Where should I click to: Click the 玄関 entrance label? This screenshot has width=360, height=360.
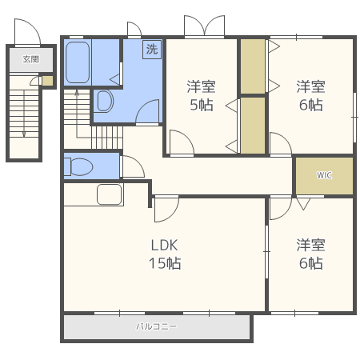click(x=31, y=59)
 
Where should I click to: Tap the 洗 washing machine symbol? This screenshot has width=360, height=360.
click(x=152, y=49)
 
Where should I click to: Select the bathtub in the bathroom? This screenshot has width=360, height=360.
click(x=78, y=62)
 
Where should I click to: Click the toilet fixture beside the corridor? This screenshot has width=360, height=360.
click(x=78, y=167)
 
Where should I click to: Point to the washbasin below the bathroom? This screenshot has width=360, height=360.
click(x=105, y=101)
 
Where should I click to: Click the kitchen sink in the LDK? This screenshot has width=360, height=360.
click(x=110, y=194)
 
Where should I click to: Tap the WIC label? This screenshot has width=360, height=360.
click(x=324, y=175)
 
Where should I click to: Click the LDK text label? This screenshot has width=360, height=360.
click(x=164, y=245)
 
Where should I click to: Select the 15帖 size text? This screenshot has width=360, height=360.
click(x=165, y=263)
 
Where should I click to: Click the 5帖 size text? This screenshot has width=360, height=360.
click(x=202, y=105)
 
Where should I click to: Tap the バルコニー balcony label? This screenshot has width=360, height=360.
click(x=156, y=326)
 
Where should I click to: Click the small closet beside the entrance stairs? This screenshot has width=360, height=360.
click(x=47, y=81)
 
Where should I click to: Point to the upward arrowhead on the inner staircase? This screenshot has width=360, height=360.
click(x=77, y=93)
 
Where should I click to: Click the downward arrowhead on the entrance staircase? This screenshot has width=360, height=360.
click(x=24, y=134)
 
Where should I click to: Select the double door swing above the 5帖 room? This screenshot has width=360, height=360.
click(x=205, y=26)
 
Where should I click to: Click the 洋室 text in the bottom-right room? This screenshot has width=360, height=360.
click(x=310, y=245)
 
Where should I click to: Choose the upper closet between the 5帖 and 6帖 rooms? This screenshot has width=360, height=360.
click(x=253, y=66)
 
